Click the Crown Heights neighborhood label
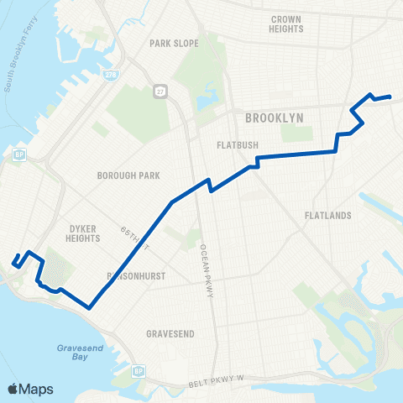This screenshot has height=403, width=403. point(287,24)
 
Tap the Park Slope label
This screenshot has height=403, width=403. point(171,43)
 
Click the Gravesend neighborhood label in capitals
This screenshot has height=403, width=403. point(170,333)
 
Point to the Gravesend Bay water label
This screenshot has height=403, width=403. point(80,352)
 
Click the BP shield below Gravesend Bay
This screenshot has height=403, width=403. point(139,370)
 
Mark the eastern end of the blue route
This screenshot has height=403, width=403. point(390,97)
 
